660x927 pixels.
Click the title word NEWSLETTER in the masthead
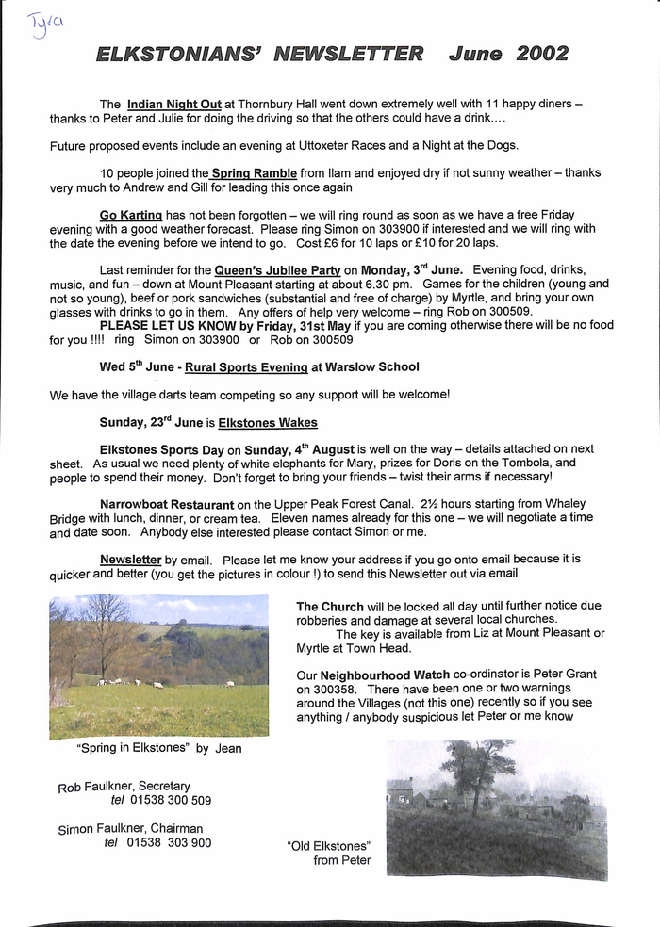tap(348, 54)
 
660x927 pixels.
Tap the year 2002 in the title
tap(542, 54)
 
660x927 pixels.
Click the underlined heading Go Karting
tap(131, 215)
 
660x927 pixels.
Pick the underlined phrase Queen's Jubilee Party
tap(277, 270)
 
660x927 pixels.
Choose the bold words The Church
tap(329, 607)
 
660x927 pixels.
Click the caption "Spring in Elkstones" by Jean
tap(158, 749)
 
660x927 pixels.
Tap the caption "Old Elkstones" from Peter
tap(329, 853)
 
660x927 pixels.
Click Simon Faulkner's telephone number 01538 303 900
tap(169, 843)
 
